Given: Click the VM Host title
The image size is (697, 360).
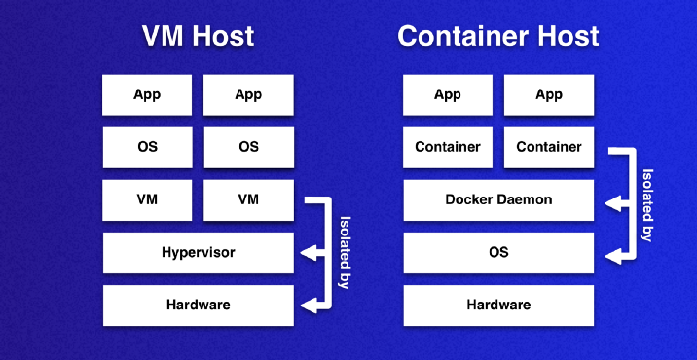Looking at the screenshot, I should tap(198, 37).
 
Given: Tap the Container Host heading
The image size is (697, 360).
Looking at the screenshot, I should tap(497, 37).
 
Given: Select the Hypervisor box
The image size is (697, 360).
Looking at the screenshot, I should tap(198, 253).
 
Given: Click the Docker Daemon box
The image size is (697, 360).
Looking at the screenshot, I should tap(497, 199).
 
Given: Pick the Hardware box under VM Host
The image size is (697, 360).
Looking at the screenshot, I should tap(198, 306).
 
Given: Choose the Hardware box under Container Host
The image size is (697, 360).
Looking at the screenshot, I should tap(497, 306).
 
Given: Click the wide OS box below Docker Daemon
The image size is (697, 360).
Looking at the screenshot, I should tap(497, 253).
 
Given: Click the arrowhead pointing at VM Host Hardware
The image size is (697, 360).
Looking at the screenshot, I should tap(308, 306).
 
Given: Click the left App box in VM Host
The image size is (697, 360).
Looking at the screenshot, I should tap(147, 94).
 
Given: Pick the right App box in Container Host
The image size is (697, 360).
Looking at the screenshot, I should tap(549, 94).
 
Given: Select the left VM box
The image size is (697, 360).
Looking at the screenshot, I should tap(147, 199).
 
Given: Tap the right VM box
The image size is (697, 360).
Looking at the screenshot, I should tap(248, 199).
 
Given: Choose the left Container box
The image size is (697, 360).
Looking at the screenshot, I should tap(447, 147).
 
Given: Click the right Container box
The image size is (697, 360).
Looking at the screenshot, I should tap(549, 147).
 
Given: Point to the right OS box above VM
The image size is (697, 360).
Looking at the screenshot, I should tap(248, 147).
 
